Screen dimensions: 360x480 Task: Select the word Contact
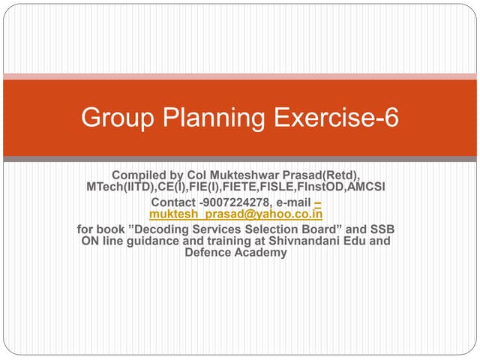(x=174, y=202)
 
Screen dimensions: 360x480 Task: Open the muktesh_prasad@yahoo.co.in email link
(x=235, y=214)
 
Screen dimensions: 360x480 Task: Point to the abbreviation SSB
(x=382, y=229)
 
